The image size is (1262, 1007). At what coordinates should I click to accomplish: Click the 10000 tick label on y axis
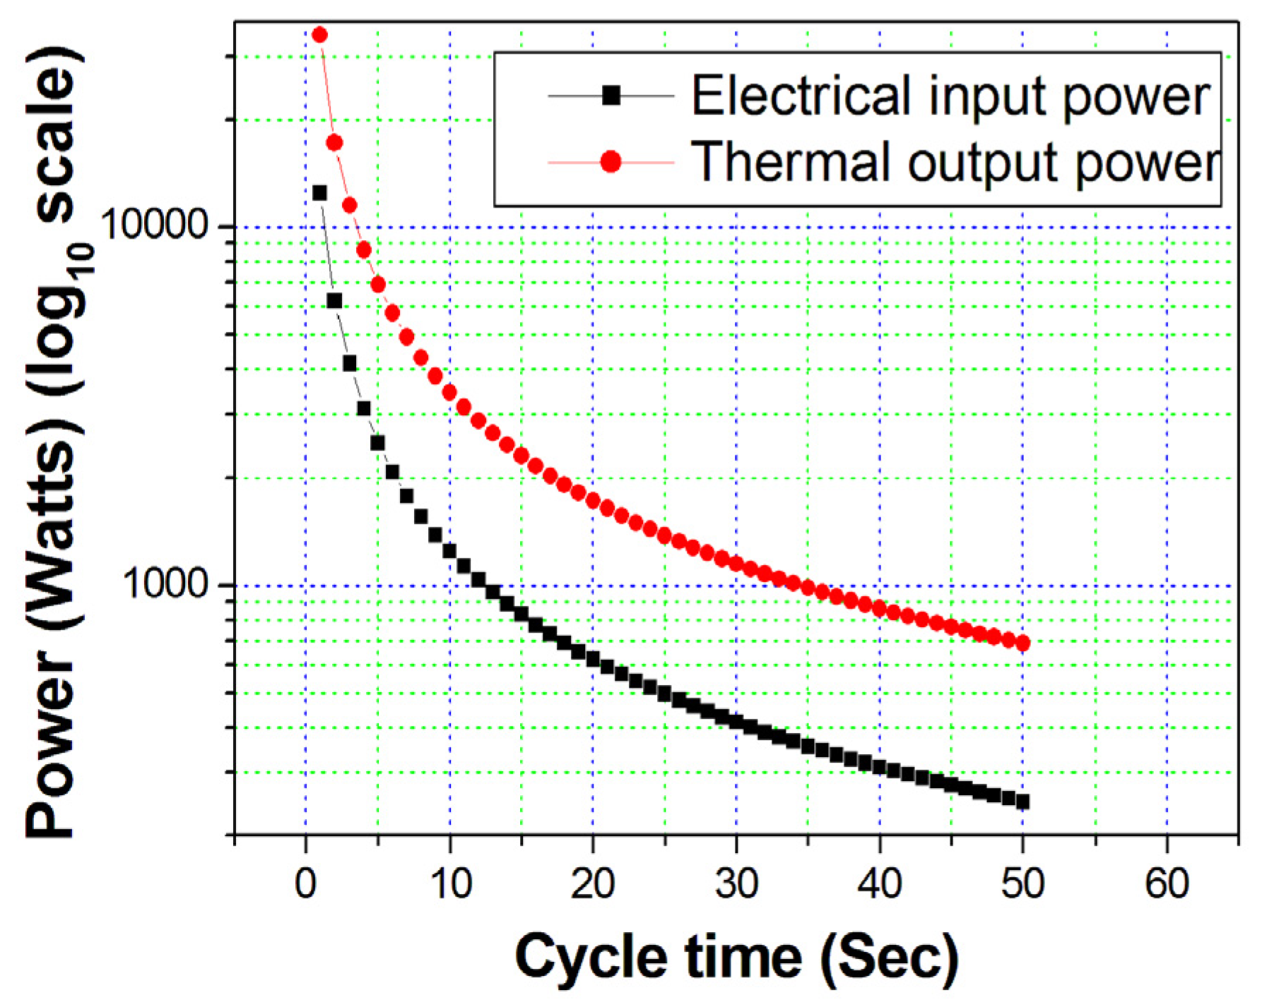click(x=153, y=226)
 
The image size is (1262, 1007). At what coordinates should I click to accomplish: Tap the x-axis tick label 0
click(x=305, y=883)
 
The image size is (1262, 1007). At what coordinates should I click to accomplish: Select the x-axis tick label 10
click(x=449, y=883)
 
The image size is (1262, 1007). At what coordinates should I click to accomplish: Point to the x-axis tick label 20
click(x=593, y=883)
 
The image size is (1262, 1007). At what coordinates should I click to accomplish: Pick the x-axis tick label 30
click(x=736, y=883)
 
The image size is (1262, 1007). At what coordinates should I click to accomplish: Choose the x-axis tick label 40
click(x=880, y=883)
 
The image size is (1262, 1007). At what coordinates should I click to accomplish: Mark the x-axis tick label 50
click(x=1022, y=883)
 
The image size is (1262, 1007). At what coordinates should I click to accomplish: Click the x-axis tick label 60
click(x=1167, y=883)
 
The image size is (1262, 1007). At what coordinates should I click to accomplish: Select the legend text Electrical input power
click(x=951, y=96)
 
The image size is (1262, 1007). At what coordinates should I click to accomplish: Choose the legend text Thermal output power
click(x=955, y=162)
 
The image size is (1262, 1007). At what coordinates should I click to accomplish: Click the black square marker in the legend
click(x=611, y=95)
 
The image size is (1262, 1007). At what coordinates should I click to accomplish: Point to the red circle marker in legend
click(x=611, y=162)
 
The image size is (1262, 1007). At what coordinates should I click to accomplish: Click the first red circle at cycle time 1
click(x=319, y=35)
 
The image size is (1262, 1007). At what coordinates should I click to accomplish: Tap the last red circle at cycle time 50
click(x=1022, y=643)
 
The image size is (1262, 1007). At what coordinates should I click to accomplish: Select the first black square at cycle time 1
click(x=319, y=193)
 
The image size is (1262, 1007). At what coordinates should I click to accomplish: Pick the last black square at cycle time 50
click(x=1022, y=802)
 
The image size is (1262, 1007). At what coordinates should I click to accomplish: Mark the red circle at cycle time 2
click(x=334, y=143)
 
